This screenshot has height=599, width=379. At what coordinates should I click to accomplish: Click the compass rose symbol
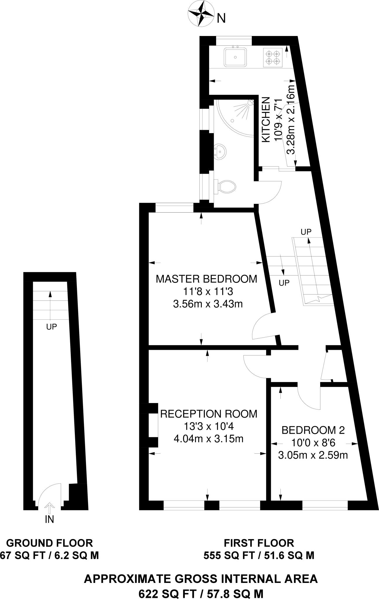pyautogui.click(x=201, y=13)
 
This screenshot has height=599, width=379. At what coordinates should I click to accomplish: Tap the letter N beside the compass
pyautogui.click(x=221, y=19)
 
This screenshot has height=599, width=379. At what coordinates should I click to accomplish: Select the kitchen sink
pyautogui.click(x=235, y=57)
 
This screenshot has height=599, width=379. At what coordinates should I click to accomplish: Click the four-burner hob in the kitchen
pyautogui.click(x=273, y=58)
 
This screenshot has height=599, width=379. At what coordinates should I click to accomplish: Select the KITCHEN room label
pyautogui.click(x=266, y=120)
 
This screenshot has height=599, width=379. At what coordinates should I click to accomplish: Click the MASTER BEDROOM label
pyautogui.click(x=206, y=279)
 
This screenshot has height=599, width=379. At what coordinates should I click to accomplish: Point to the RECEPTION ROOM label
pyautogui.click(x=209, y=414)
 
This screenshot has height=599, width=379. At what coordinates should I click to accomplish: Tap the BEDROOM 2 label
pyautogui.click(x=313, y=430)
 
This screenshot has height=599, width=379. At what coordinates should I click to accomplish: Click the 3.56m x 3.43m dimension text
pyautogui.click(x=208, y=304)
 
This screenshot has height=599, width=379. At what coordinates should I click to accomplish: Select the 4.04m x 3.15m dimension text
pyautogui.click(x=209, y=439)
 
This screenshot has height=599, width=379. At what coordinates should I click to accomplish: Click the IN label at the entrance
pyautogui.click(x=49, y=519)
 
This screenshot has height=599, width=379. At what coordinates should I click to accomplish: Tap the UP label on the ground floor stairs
pyautogui.click(x=51, y=327)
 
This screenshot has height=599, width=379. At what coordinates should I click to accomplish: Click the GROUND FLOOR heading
pyautogui.click(x=49, y=543)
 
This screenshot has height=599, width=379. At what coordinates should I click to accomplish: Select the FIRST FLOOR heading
pyautogui.click(x=259, y=543)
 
